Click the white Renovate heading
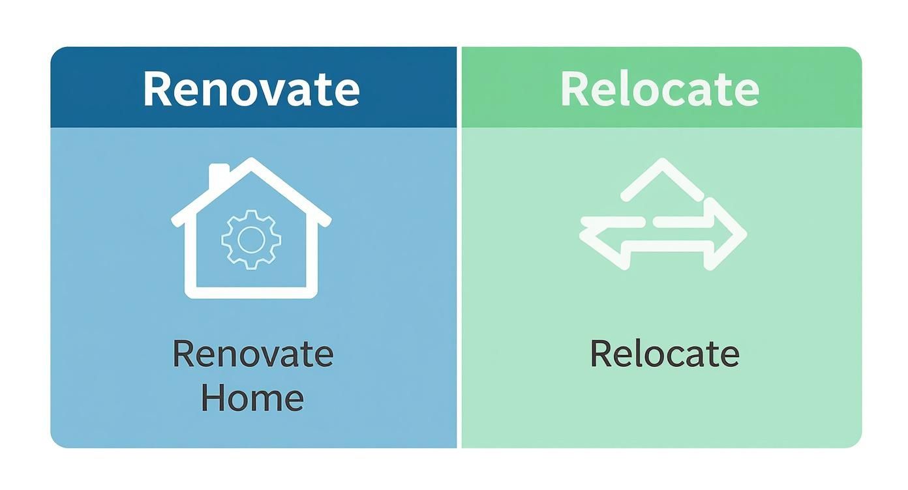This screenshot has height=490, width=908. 251,89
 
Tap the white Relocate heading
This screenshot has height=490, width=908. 659,89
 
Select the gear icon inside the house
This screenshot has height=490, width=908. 251,240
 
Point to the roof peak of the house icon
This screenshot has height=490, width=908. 251,161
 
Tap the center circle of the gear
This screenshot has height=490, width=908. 251,240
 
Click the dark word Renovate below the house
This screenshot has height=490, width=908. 252,354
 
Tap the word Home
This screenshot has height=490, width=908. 252,397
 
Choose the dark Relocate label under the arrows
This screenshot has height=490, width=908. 664,354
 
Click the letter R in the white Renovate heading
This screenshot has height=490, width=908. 157,89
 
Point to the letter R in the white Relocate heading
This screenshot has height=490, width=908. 575,89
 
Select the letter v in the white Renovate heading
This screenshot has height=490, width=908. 280,92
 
